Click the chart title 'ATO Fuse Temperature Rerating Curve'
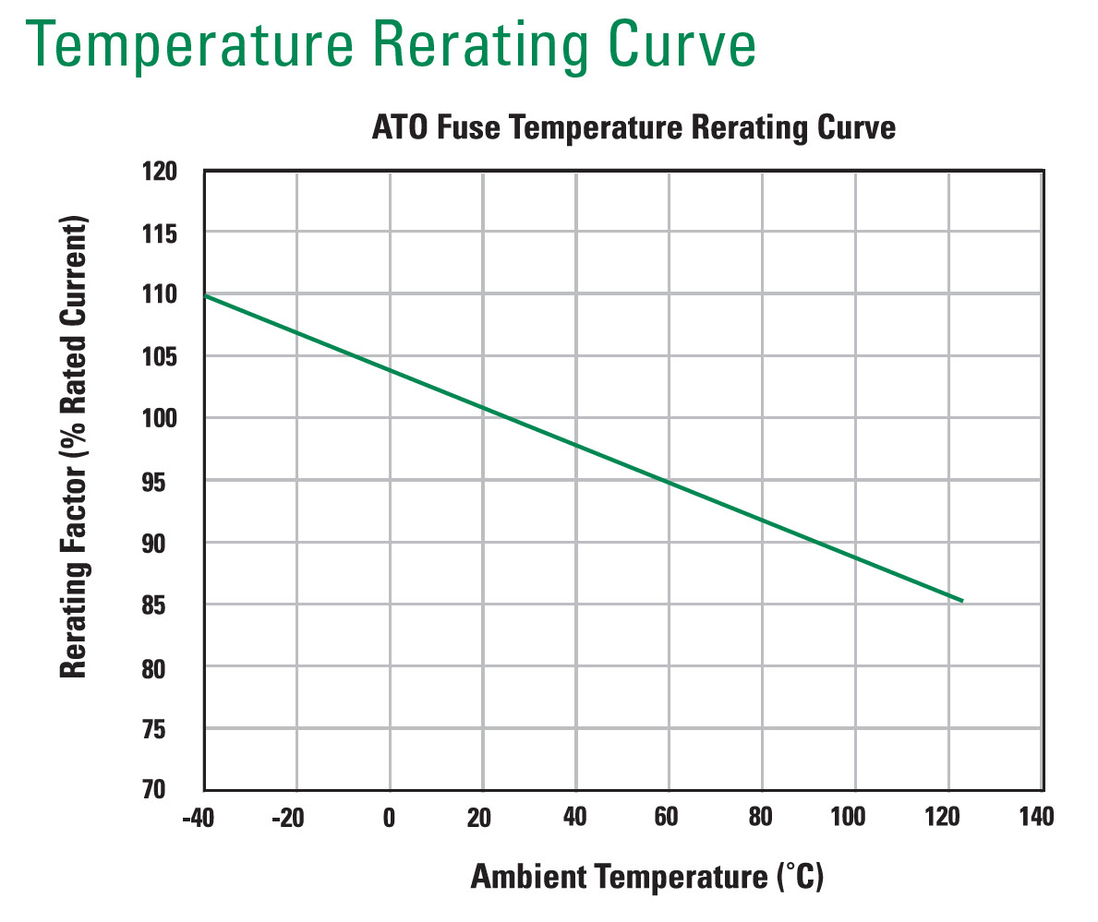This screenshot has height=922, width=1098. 633,127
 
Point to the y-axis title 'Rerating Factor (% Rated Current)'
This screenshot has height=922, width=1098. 73,449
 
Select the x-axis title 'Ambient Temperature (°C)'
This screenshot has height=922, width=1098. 646,876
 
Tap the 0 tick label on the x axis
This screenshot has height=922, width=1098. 390,818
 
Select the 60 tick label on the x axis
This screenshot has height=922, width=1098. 668,818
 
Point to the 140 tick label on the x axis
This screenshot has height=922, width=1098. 1036,818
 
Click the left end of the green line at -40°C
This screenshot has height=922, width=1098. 205,295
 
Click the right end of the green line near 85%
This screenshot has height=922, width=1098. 962,601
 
